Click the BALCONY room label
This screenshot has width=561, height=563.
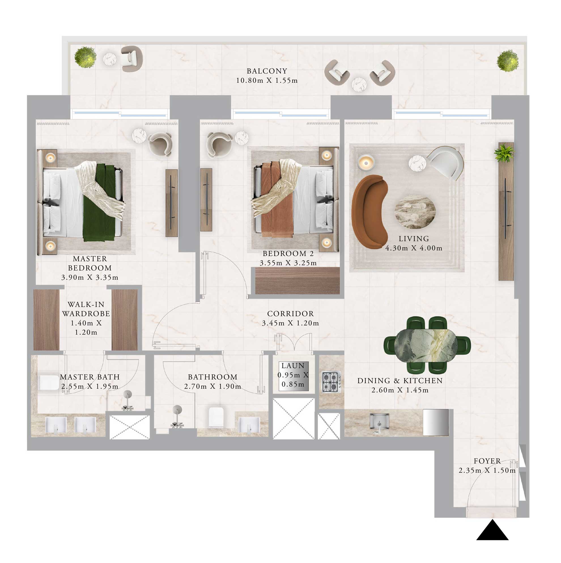coord(267,71)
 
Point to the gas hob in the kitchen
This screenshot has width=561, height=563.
coord(331,382)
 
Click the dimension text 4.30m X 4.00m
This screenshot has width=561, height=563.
coord(414,248)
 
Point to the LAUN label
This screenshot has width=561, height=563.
coord(293,366)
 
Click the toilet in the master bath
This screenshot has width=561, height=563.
coord(49,383)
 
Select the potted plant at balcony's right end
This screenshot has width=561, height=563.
coord(507,61)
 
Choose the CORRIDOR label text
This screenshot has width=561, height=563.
coord(290,314)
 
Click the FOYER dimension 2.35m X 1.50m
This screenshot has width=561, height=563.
coord(487,470)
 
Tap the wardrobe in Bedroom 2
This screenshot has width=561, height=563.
coord(297,281)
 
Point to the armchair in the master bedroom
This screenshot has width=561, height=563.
coord(160,144)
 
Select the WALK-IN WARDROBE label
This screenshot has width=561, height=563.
coord(86,309)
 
